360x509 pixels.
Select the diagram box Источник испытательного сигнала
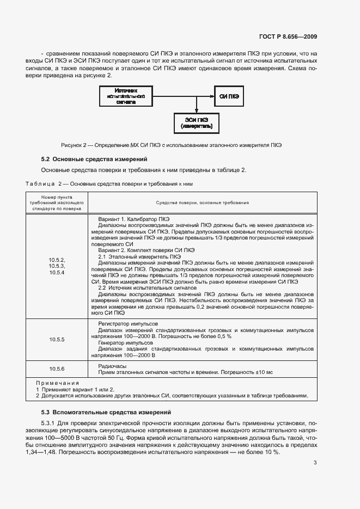(126, 96)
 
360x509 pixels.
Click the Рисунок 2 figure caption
(172, 145)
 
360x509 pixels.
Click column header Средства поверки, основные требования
(202, 203)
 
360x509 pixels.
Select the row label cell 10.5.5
(57, 340)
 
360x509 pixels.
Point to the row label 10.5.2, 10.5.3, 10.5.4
(57, 266)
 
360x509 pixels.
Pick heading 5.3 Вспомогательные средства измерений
(106, 412)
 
